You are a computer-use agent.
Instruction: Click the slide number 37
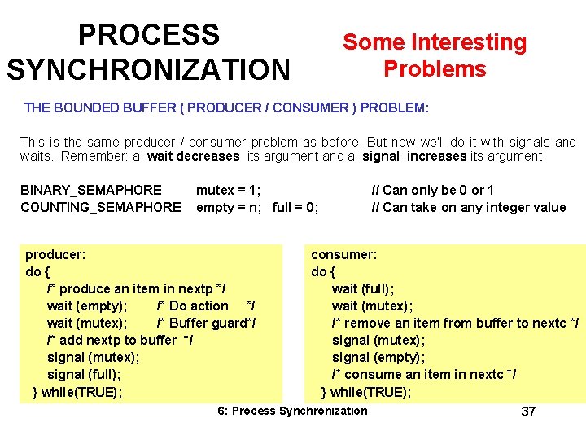click(x=528, y=411)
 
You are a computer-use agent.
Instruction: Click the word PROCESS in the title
click(x=148, y=35)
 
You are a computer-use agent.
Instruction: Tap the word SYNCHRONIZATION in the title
click(x=148, y=69)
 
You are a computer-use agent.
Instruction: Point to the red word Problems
click(x=435, y=68)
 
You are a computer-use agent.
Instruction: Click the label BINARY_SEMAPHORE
click(x=91, y=190)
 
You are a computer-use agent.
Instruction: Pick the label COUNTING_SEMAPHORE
click(x=101, y=207)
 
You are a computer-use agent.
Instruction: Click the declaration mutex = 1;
click(x=229, y=190)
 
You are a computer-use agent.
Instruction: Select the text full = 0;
click(x=295, y=207)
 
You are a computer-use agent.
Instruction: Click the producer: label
click(x=55, y=254)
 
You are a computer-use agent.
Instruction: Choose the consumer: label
click(x=343, y=254)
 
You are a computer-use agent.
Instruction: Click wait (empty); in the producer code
click(x=87, y=306)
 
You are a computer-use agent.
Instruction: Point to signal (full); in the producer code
click(x=84, y=374)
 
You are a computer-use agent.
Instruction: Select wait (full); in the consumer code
click(x=363, y=288)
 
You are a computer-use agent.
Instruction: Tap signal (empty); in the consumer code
click(x=374, y=357)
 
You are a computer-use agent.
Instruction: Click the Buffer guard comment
click(x=207, y=323)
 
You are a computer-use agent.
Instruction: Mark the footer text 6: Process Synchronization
click(x=292, y=411)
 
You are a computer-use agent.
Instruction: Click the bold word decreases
click(x=194, y=156)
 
